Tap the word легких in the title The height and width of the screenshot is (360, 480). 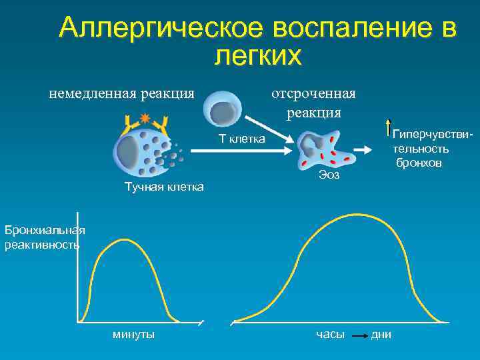tap(258, 56)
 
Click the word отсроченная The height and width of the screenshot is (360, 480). tap(313, 93)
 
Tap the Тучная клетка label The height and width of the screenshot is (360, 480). tap(165, 187)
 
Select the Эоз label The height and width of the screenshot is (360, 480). tap(329, 175)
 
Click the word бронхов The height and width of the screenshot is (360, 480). tap(419, 162)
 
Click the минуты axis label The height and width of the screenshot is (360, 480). tap(134, 334)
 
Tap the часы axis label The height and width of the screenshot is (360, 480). tap(330, 334)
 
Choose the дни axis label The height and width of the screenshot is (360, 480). tap(381, 334)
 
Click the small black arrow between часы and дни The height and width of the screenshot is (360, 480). tap(359, 335)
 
